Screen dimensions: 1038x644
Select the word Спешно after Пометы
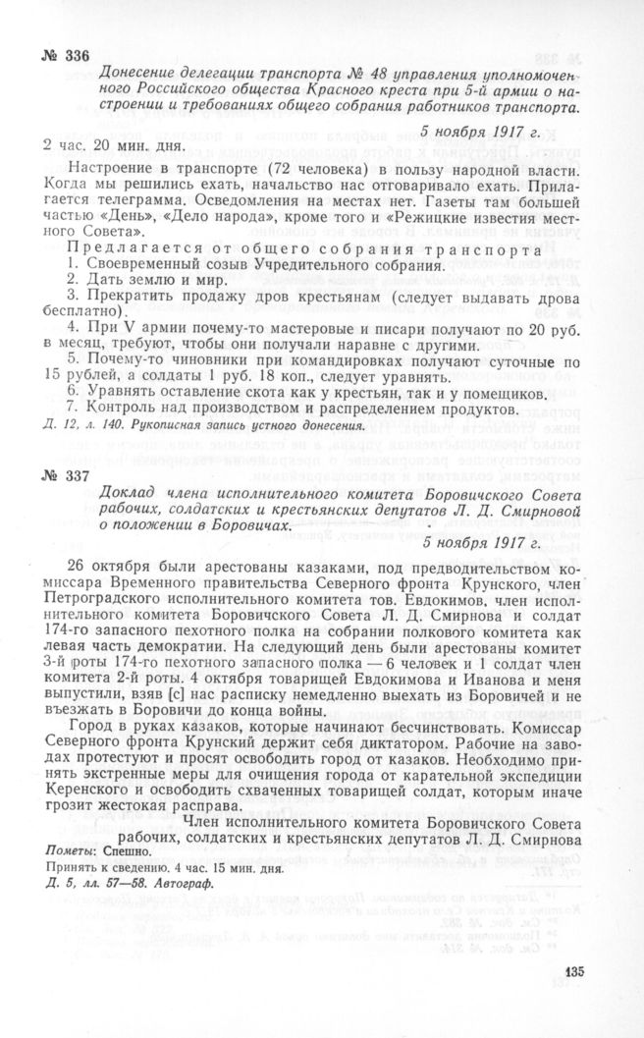tap(118, 851)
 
